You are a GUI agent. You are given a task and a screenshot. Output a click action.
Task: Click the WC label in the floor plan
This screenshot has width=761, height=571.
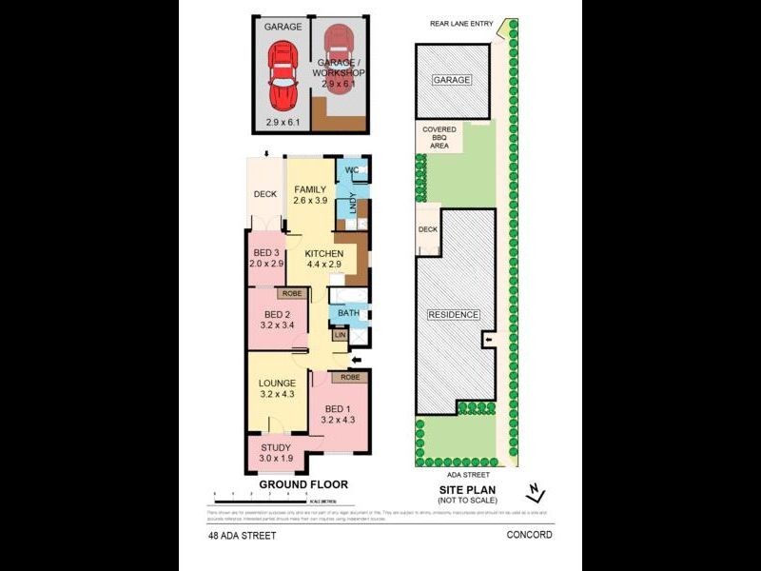pyautogui.click(x=351, y=170)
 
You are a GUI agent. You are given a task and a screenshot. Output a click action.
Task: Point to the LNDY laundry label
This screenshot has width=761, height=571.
pyautogui.click(x=352, y=202)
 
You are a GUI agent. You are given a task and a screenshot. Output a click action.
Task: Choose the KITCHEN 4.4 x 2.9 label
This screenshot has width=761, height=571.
pyautogui.click(x=323, y=259)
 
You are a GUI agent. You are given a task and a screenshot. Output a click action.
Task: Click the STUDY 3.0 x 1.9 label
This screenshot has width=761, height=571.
pyautogui.click(x=277, y=453)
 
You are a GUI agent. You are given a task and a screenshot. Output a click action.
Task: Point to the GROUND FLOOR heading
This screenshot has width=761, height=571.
pyautogui.click(x=303, y=484)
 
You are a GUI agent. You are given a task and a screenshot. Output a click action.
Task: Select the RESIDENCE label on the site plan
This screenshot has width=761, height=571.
pyautogui.click(x=454, y=315)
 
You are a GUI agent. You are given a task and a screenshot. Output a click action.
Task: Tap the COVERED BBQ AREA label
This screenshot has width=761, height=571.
pyautogui.click(x=439, y=137)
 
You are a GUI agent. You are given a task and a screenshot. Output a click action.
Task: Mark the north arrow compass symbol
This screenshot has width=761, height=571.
pyautogui.click(x=536, y=492)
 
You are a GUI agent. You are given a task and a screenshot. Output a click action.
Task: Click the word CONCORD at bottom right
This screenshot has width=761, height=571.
pyautogui.click(x=530, y=535)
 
